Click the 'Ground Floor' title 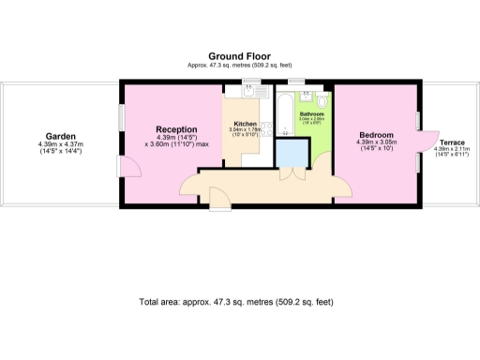pos(240,55)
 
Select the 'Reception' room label pos(176,129)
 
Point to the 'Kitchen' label pos(246,124)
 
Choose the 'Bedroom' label pos(377,135)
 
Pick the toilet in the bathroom pos(322,101)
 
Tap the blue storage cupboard pos(294,152)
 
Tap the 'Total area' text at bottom pos(234,302)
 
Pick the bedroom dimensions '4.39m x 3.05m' pos(377,143)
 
